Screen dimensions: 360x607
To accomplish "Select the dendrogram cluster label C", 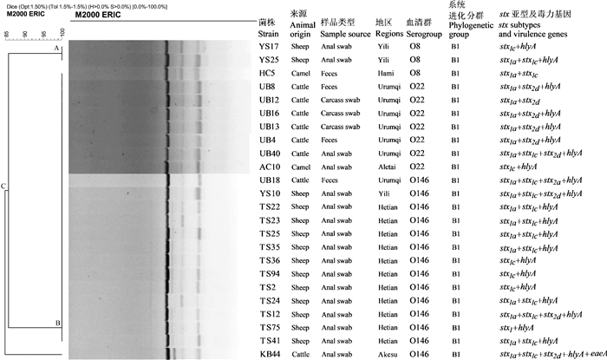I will (3, 187).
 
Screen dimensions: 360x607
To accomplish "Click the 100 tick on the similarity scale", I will (62, 32).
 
